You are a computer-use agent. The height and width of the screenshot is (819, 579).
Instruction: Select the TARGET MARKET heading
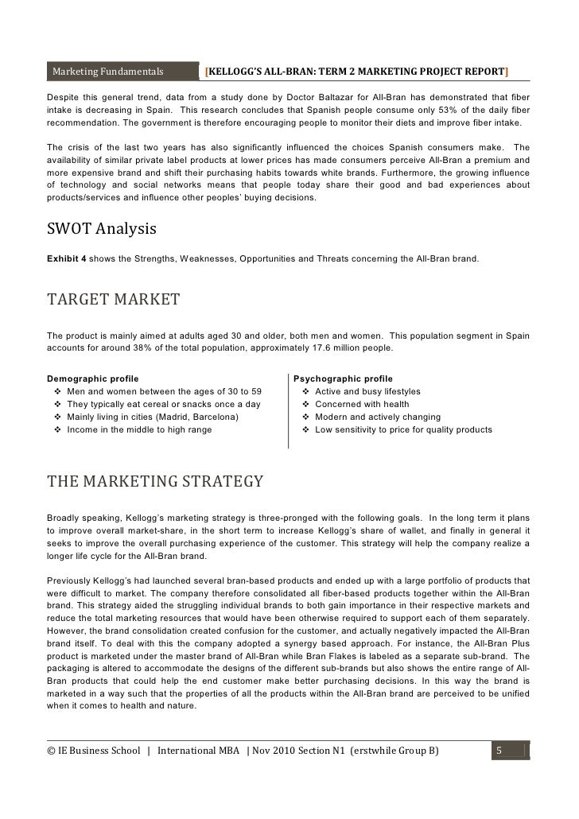[x=113, y=300]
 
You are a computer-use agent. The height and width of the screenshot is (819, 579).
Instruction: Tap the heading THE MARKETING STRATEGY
[x=155, y=482]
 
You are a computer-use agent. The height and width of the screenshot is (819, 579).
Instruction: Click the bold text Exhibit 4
[x=67, y=259]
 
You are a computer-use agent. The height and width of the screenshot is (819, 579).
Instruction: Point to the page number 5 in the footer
[x=498, y=750]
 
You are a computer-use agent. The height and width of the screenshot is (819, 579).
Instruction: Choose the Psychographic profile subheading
[x=343, y=378]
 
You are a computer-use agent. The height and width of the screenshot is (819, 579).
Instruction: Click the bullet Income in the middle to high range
[x=139, y=429]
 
